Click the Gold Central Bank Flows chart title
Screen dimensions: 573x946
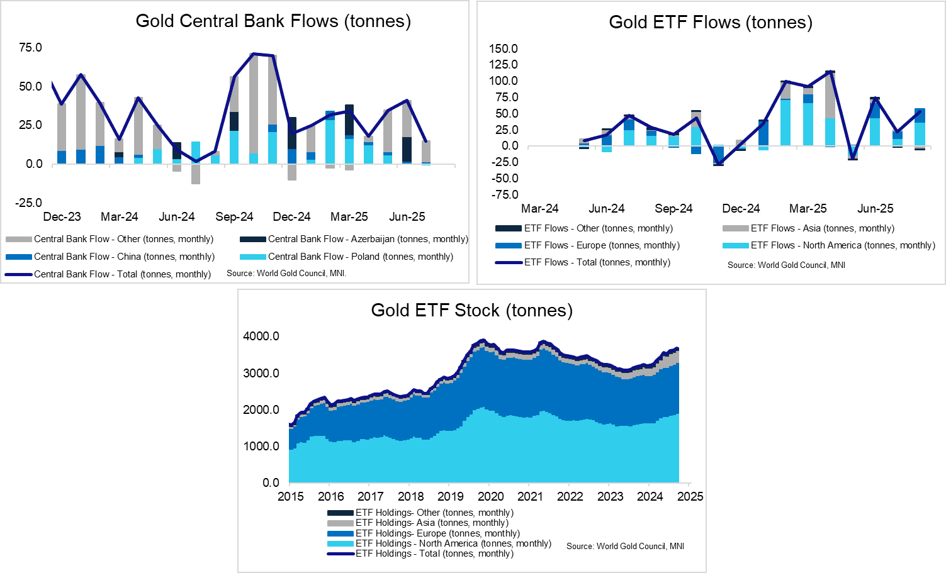click(273, 21)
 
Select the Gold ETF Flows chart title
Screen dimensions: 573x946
click(711, 23)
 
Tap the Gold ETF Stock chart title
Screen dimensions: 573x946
click(471, 310)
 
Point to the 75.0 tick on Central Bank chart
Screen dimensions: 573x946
click(30, 48)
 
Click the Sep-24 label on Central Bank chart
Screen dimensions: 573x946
click(234, 217)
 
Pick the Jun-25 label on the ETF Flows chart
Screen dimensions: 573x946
click(875, 209)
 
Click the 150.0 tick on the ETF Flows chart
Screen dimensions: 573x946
click(503, 49)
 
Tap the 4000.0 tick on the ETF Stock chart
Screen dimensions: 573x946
click(261, 337)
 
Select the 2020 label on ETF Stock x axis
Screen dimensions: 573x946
click(491, 497)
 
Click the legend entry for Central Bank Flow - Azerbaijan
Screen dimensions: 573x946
click(368, 239)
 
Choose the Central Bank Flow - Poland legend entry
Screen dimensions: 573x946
click(360, 257)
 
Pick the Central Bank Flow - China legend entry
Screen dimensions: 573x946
click(124, 257)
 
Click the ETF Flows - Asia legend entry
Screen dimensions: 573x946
click(822, 228)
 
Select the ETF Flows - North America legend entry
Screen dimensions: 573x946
click(843, 245)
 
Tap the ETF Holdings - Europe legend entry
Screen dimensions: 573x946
click(437, 533)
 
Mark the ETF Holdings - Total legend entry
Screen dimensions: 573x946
click(434, 554)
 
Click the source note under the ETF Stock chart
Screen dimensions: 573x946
click(625, 546)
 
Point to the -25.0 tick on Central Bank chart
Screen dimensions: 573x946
click(29, 203)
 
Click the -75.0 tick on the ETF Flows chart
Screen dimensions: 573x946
click(505, 195)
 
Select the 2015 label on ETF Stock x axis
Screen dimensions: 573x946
click(291, 497)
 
